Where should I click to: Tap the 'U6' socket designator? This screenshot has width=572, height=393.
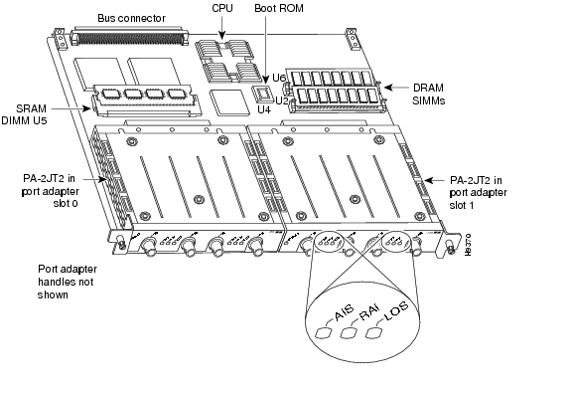coord(280,78)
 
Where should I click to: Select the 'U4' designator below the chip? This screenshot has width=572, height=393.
coord(264,109)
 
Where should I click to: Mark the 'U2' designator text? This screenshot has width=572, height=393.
coord(281,99)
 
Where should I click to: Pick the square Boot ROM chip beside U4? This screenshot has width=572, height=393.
coord(263,94)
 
